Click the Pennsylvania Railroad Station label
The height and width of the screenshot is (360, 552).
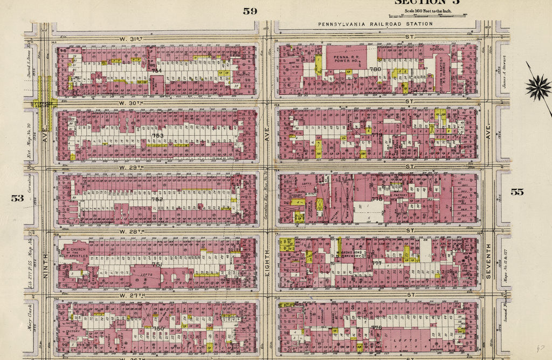[375, 24]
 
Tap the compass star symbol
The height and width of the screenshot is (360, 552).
[538, 87]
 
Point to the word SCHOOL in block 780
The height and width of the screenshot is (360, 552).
[436, 49]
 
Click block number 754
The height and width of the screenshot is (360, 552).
[156, 71]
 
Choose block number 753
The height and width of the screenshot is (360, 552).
[157, 136]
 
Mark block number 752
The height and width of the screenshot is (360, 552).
[157, 199]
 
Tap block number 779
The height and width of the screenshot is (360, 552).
[376, 135]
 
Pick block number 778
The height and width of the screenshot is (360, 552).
[376, 199]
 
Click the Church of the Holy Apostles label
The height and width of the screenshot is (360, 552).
[74, 253]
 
